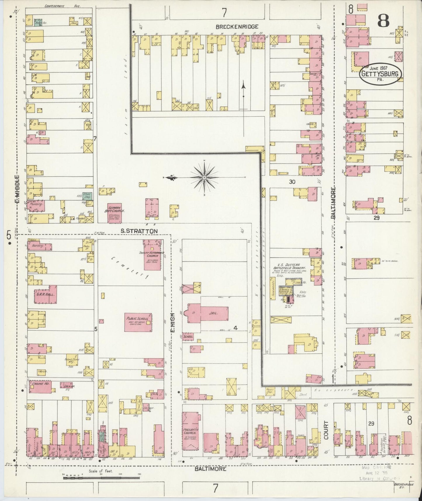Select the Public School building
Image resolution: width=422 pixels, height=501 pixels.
[x=138, y=322]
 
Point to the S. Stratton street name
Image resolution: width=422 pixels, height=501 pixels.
[x=139, y=231]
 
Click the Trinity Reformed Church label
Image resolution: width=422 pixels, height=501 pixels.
[x=152, y=254]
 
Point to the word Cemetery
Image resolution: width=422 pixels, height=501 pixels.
[x=131, y=267]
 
